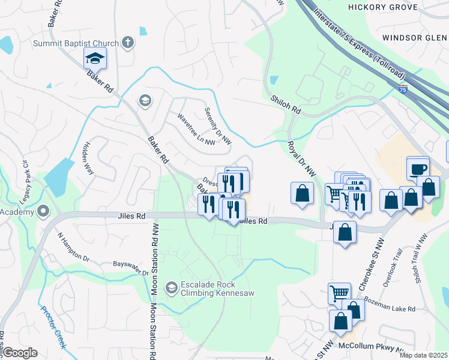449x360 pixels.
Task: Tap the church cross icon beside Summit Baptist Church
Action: coord(128,42)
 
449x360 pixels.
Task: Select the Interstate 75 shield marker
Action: coord(403,89)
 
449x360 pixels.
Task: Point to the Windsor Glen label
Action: coord(415,37)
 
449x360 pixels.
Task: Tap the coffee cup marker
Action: coord(418,169)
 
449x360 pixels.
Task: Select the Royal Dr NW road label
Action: coord(301,158)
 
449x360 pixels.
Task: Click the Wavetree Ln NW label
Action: coord(196,130)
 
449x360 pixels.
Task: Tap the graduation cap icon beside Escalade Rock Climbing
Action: coord(171,289)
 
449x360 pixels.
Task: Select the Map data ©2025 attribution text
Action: coord(423,355)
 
